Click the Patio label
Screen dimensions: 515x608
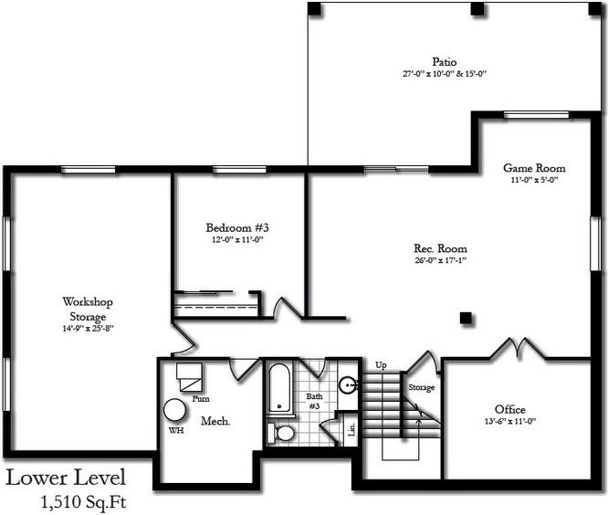[446, 61]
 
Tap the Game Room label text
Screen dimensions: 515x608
[534, 168]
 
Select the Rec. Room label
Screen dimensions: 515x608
[440, 248]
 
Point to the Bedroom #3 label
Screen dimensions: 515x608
[236, 227]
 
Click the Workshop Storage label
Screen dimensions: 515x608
[88, 309]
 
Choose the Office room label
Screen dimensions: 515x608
[509, 409]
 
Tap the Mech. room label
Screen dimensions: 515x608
[215, 421]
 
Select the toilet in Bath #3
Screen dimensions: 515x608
[284, 432]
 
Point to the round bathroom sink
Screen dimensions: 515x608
[348, 385]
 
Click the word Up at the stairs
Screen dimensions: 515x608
[381, 365]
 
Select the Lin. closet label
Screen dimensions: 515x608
[351, 428]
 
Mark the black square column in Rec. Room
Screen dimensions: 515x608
[466, 318]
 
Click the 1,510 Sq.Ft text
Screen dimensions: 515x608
[85, 501]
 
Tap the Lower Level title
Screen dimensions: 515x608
[66, 478]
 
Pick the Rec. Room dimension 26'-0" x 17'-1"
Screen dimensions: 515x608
[440, 260]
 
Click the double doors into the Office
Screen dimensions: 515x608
[512, 350]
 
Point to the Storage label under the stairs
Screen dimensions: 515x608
[421, 387]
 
